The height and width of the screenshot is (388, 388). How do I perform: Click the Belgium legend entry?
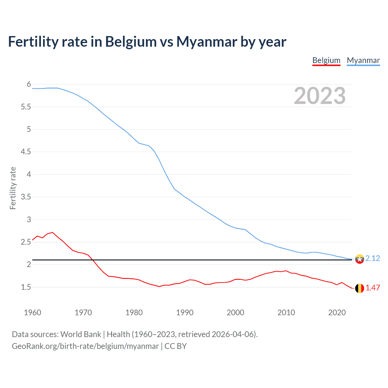(326, 60)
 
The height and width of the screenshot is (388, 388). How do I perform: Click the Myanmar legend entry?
(363, 60)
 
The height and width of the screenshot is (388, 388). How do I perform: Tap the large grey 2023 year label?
(319, 96)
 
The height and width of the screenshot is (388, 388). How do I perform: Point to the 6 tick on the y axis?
(29, 84)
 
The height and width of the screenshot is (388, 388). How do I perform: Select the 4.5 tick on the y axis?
(26, 152)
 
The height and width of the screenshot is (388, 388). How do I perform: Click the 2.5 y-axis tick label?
(26, 242)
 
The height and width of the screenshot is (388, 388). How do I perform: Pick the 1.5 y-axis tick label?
(26, 287)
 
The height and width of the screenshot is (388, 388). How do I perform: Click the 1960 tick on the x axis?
(32, 313)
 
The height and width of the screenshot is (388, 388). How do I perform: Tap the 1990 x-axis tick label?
(185, 313)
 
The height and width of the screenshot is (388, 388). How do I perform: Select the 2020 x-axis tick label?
(337, 313)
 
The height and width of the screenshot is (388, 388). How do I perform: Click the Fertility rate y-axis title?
(13, 188)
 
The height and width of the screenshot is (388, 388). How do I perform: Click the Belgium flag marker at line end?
(360, 288)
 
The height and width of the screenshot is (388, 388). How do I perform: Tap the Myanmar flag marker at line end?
(360, 259)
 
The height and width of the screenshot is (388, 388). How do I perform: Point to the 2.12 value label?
(373, 258)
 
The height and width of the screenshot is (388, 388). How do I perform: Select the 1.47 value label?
(373, 288)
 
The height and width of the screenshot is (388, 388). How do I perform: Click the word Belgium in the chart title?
(131, 42)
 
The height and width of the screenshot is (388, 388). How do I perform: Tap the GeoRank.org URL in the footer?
(85, 346)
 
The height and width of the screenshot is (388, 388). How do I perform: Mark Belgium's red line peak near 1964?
(52, 232)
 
